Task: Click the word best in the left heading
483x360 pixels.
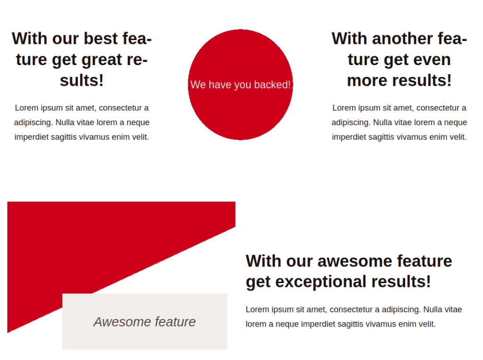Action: [x=101, y=39]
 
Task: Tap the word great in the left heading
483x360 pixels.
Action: [x=102, y=60]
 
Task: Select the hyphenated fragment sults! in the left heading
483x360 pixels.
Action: [x=82, y=80]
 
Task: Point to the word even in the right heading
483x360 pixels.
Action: [x=433, y=59]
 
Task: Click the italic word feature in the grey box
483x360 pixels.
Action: [x=175, y=322]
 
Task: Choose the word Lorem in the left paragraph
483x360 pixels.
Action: [x=27, y=108]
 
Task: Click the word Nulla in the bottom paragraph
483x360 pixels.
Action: [x=432, y=310]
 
